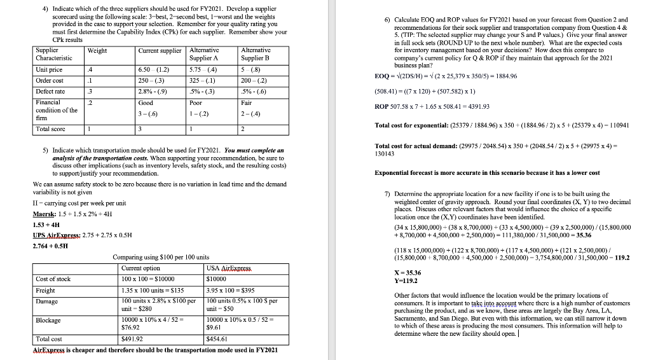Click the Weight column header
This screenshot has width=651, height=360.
[x=97, y=51]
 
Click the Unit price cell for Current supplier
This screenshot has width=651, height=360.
[x=153, y=69]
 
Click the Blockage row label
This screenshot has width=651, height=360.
[x=48, y=321]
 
